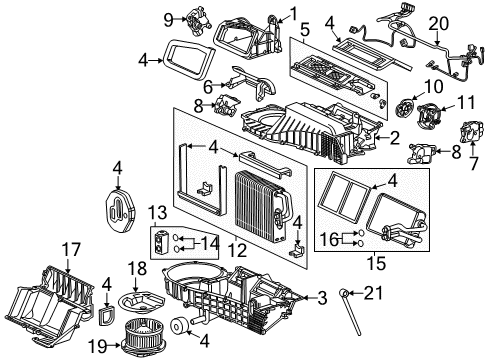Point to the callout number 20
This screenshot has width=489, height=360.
[x=465, y=22]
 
